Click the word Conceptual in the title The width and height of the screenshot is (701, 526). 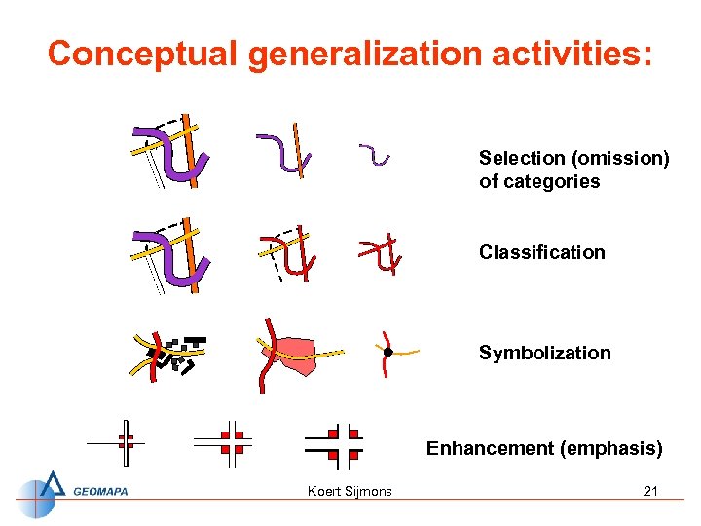pos(141,54)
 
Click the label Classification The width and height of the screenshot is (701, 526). pos(541,252)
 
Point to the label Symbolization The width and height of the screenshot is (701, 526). pos(544,353)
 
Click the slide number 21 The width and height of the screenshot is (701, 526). pos(650,491)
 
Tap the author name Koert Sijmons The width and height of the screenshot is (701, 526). pos(350,491)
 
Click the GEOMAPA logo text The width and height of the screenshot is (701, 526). pos(100,492)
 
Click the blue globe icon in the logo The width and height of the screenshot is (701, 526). pos(39,494)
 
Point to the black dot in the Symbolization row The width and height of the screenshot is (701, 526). pos(387,352)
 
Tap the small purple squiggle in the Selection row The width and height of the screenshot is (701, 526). pos(374,154)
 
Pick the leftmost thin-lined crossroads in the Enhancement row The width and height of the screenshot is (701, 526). pos(124,442)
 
